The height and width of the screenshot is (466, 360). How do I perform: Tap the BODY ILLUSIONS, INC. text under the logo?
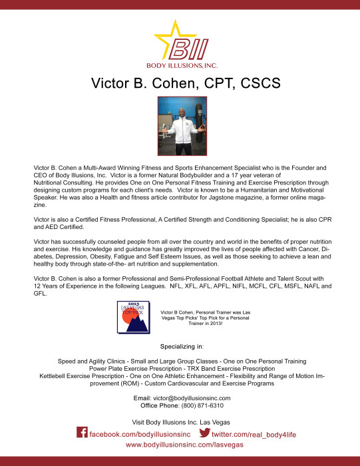pyautogui.click(x=180, y=65)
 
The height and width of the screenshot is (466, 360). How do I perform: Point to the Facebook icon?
pyautogui.click(x=83, y=433)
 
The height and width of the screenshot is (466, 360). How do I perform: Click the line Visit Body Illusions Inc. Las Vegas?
pyautogui.click(x=180, y=421)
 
